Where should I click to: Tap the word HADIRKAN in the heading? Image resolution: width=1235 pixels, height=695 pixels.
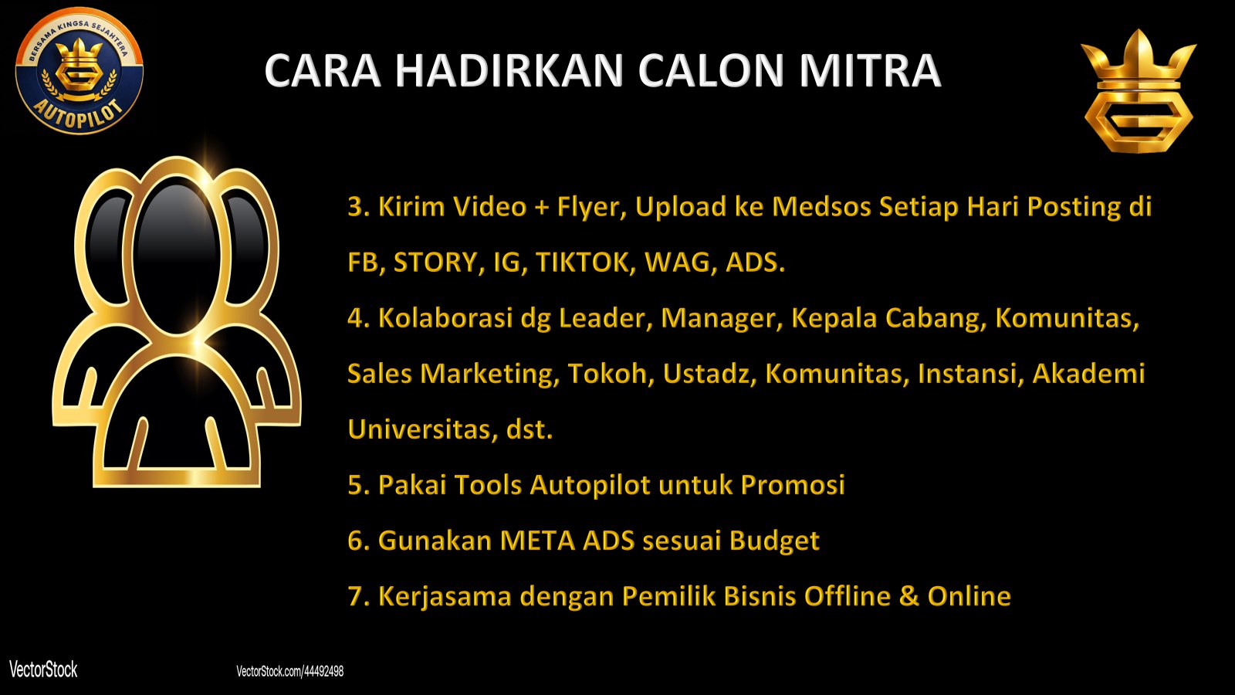[509, 70]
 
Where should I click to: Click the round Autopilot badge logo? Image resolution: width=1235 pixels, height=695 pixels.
[80, 70]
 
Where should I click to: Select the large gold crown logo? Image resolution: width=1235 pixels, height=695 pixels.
[1139, 91]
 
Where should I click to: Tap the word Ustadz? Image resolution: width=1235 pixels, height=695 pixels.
[709, 374]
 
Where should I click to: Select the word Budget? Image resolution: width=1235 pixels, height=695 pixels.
[774, 541]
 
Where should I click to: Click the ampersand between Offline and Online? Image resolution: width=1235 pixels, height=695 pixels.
[909, 595]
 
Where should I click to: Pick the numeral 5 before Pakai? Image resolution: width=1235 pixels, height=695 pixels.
[355, 485]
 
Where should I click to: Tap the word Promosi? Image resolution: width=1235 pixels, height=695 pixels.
[792, 485]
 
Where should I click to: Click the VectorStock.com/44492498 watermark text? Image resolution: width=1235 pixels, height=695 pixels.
[290, 671]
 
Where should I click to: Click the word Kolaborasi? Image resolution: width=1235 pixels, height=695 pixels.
[445, 317]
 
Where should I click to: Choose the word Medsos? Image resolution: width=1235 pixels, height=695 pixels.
[821, 207]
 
